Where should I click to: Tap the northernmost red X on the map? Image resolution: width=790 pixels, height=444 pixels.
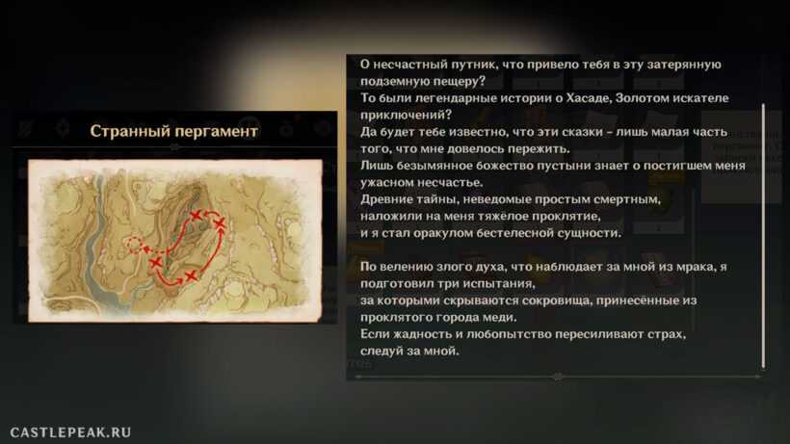[x=196, y=216]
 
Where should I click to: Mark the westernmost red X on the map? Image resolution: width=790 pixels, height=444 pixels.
[x=156, y=262]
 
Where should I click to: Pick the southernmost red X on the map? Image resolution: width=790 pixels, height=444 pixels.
[x=191, y=275]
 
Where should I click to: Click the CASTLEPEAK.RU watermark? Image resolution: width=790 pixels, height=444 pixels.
[x=70, y=432]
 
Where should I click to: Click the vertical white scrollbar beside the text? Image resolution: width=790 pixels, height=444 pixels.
[x=763, y=236]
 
